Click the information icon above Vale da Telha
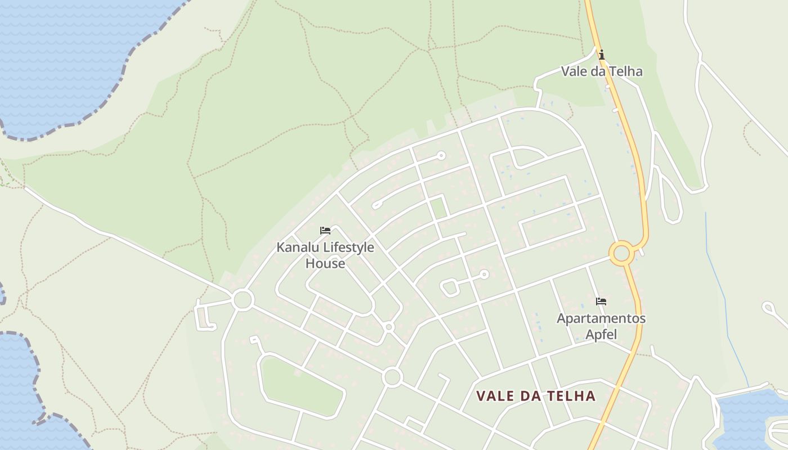602,55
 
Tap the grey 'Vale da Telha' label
602,71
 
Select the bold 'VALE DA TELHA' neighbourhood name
536,396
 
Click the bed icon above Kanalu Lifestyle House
325,231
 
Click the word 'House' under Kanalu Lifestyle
325,263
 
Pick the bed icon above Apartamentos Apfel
601,301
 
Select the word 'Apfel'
601,335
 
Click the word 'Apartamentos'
601,318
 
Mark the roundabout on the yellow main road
621,253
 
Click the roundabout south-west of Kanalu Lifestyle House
243,299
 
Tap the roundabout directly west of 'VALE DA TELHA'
392,377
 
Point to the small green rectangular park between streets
438,207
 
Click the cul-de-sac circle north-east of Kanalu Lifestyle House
441,155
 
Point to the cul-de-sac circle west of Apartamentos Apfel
484,274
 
